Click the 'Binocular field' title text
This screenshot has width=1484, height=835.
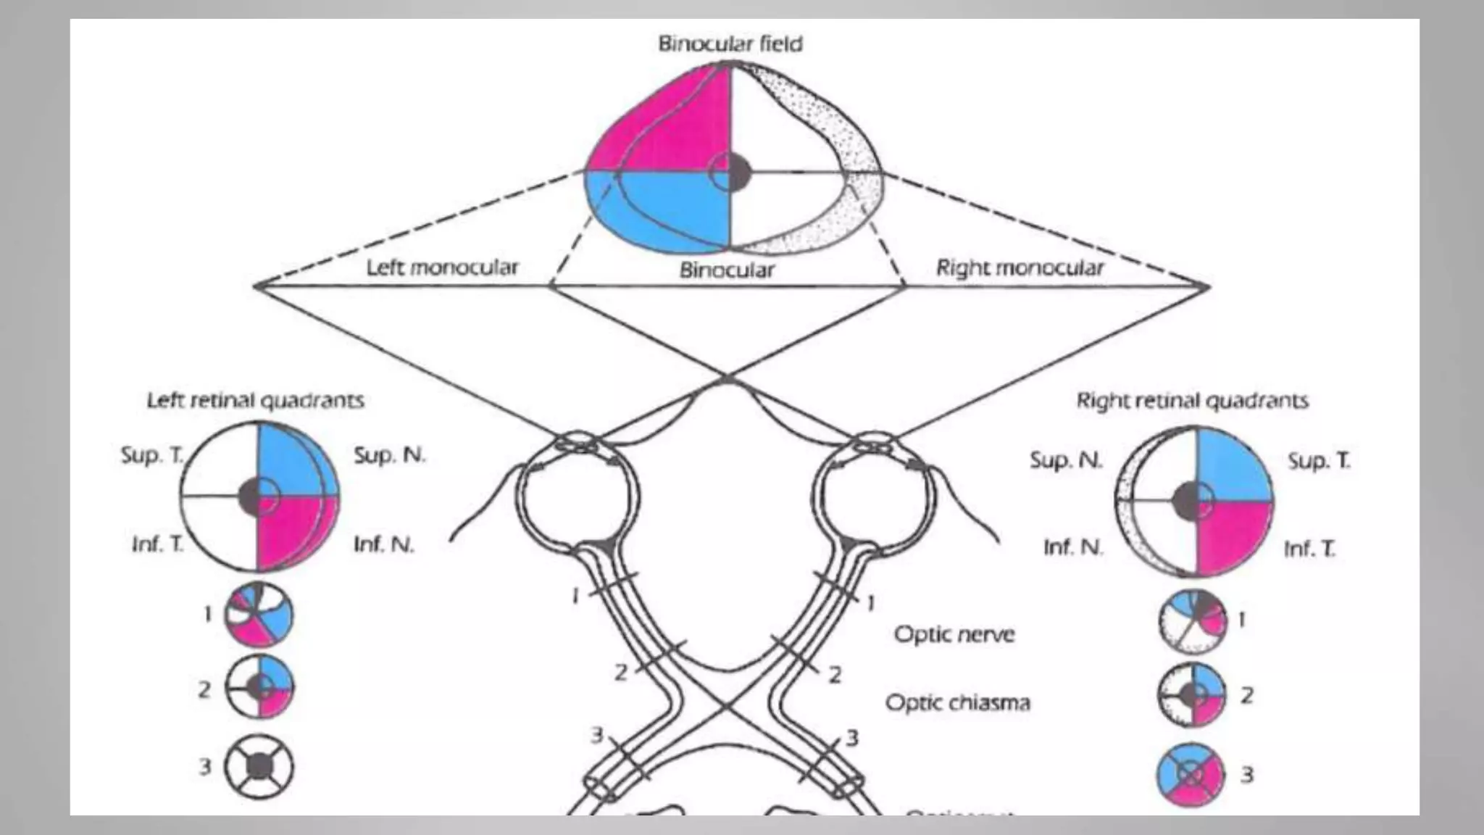pyautogui.click(x=730, y=44)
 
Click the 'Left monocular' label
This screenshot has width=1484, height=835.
pyautogui.click(x=442, y=267)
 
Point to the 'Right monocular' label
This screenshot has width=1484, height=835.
pyautogui.click(x=1020, y=268)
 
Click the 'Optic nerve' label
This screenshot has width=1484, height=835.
pyautogui.click(x=954, y=634)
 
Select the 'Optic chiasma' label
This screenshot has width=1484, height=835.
pyautogui.click(x=957, y=702)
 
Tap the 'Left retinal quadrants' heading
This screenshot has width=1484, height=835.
pyautogui.click(x=255, y=400)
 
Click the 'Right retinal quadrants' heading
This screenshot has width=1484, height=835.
pyautogui.click(x=1192, y=400)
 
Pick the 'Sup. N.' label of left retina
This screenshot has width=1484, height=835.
pyautogui.click(x=389, y=455)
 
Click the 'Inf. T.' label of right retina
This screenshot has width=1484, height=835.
pyautogui.click(x=1309, y=549)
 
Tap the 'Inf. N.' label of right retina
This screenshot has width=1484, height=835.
pyautogui.click(x=1072, y=547)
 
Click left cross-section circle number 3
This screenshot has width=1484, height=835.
pyautogui.click(x=259, y=766)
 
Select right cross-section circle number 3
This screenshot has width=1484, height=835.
pyautogui.click(x=1191, y=775)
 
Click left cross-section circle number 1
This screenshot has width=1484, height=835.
pyautogui.click(x=259, y=615)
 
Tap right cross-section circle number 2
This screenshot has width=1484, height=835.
pyautogui.click(x=1191, y=694)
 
